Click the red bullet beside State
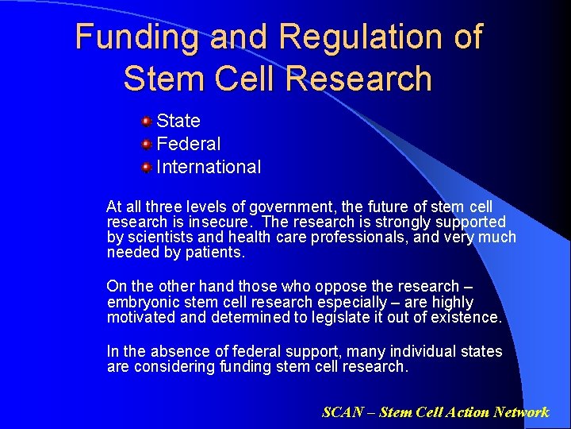pos(147,122)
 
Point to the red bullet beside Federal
pos(147,145)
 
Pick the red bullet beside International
pos(147,168)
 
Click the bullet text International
pos(209,167)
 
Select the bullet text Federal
pos(189,144)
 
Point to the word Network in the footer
pos(520,412)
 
